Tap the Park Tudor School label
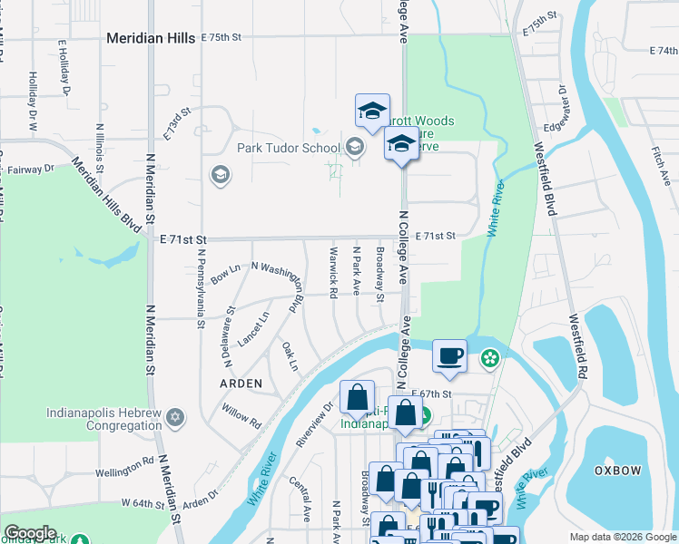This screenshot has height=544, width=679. pyautogui.click(x=289, y=148)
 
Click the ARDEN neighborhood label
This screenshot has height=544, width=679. pyautogui.click(x=241, y=384)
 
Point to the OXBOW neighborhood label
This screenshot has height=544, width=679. pyautogui.click(x=618, y=471)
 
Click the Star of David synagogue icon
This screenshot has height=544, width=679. pyautogui.click(x=176, y=418)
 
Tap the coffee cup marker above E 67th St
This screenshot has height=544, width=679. pyautogui.click(x=449, y=355)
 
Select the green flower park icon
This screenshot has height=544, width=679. pyautogui.click(x=490, y=358)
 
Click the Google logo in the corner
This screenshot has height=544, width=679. pyautogui.click(x=30, y=533)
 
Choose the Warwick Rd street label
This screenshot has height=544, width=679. pyautogui.click(x=333, y=269)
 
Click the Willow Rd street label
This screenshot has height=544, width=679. pyautogui.click(x=241, y=416)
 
